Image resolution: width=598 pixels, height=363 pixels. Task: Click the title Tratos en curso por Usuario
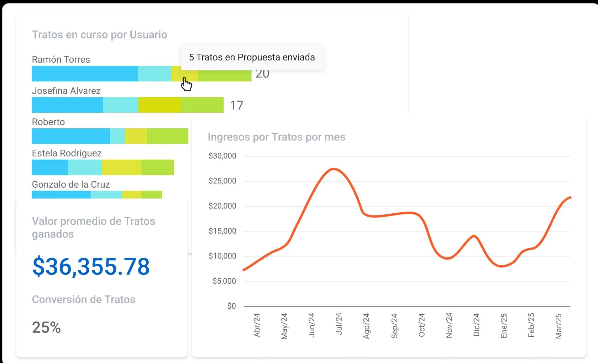coord(99,34)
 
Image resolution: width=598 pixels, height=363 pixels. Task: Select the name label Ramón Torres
coord(61,59)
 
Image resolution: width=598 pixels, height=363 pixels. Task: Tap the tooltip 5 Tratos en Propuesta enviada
coord(252,57)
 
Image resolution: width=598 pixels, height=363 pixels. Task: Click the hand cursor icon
coord(186,84)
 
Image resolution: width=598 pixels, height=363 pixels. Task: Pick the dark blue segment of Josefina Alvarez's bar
coord(67,105)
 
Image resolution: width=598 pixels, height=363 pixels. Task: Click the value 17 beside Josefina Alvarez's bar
coord(236,105)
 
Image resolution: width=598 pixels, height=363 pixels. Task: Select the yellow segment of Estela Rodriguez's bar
coord(121,167)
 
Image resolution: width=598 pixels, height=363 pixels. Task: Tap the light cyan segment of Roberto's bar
coord(117,136)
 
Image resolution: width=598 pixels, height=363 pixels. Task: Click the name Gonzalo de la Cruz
coord(71,184)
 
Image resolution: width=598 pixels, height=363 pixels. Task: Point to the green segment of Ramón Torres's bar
coord(224,74)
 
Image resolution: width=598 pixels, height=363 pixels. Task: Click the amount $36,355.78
coord(91,266)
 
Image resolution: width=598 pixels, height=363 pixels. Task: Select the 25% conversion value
coord(46,327)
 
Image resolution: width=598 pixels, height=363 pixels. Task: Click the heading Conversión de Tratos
coord(84,299)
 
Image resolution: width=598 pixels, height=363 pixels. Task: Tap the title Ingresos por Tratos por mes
coord(276,137)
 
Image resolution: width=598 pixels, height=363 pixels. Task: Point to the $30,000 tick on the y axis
coord(222,156)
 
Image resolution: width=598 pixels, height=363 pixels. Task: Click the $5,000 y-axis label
coord(224,281)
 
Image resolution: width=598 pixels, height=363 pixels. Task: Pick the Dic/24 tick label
coord(477,325)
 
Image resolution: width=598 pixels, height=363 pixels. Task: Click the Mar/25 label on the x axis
coord(558,326)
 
